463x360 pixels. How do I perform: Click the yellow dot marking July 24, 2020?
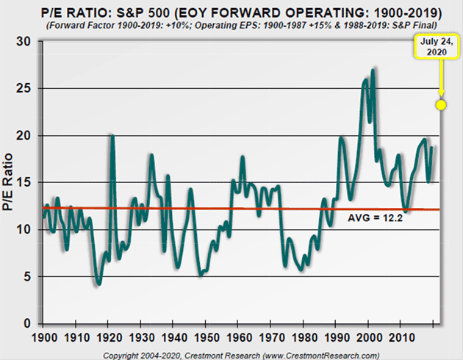pyautogui.click(x=441, y=105)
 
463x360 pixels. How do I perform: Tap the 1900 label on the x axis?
pyautogui.click(x=45, y=340)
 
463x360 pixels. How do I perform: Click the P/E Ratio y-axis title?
pyautogui.click(x=10, y=182)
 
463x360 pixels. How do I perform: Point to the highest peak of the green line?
pyautogui.click(x=374, y=70)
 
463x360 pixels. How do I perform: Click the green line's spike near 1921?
pyautogui.click(x=112, y=136)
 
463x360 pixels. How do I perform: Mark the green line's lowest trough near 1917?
pyautogui.click(x=98, y=282)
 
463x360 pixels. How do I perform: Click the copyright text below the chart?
pyautogui.click(x=232, y=354)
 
